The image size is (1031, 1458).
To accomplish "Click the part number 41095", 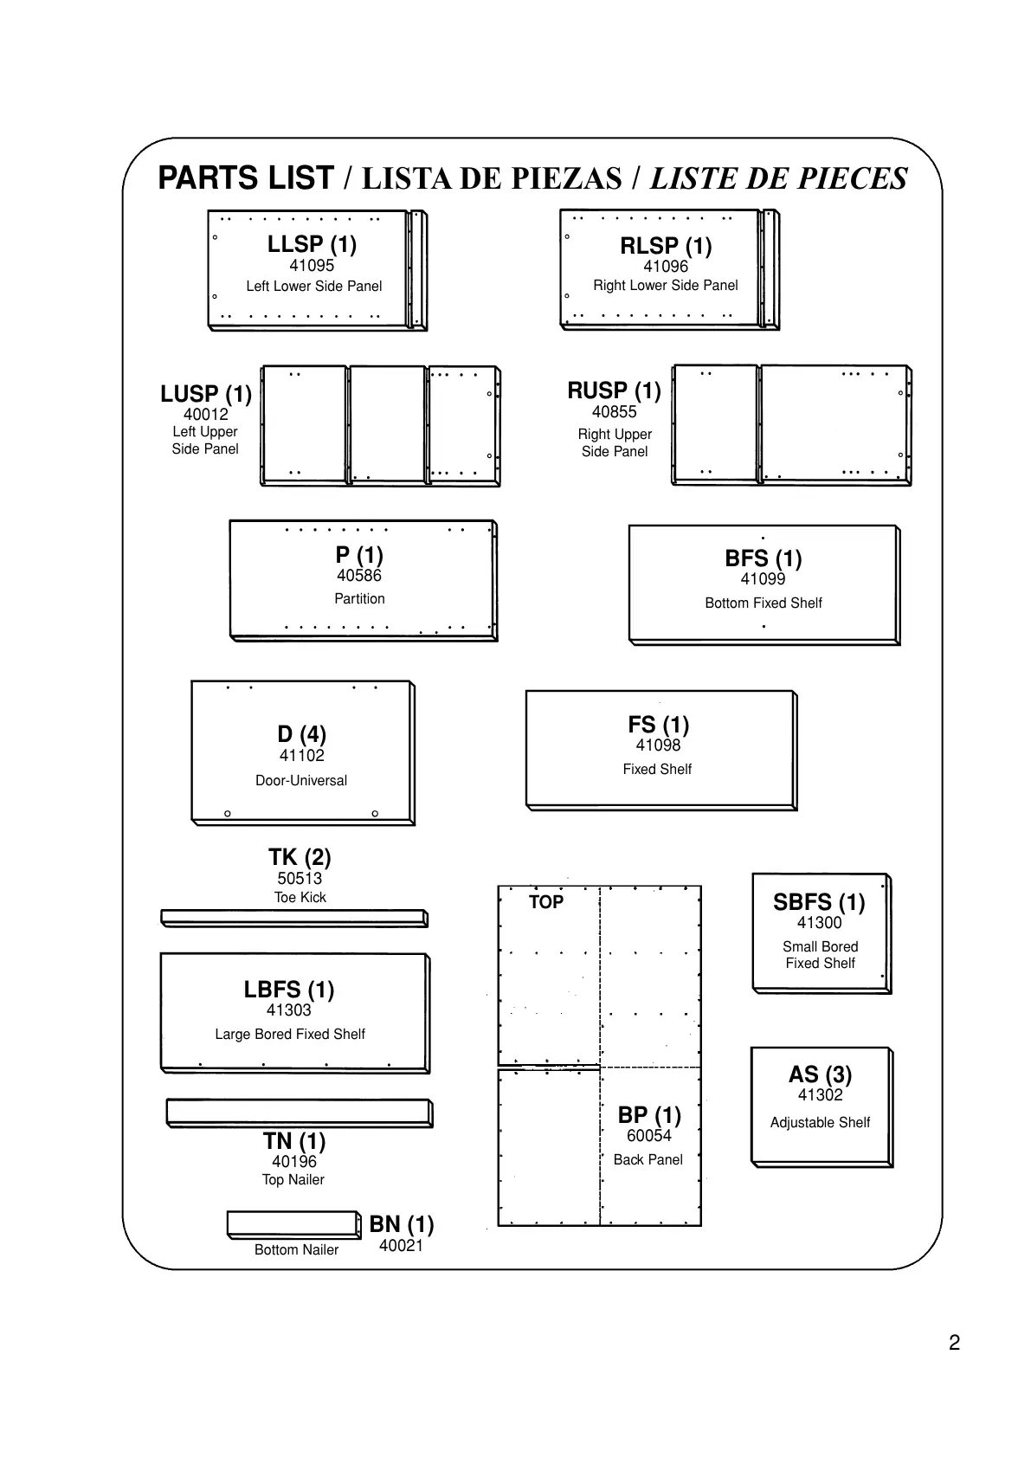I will pyautogui.click(x=312, y=266).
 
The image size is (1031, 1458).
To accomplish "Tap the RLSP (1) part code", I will pyautogui.click(x=666, y=246).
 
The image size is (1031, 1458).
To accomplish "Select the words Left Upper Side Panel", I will pyautogui.click(x=205, y=440).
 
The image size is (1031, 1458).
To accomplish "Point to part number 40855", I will pyautogui.click(x=614, y=412).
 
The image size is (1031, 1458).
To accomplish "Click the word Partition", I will pyautogui.click(x=359, y=598).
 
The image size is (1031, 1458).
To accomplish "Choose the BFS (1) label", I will pyautogui.click(x=763, y=558).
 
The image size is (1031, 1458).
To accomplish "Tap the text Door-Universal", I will pyautogui.click(x=301, y=780).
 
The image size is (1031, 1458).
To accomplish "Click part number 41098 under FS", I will pyautogui.click(x=658, y=745).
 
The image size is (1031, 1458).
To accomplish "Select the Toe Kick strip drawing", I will pyautogui.click(x=293, y=918).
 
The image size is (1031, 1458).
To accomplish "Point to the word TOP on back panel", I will pyautogui.click(x=546, y=902).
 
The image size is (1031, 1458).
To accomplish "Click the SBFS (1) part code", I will pyautogui.click(x=819, y=902).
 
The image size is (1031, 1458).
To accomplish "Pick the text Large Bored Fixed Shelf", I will pyautogui.click(x=290, y=1034).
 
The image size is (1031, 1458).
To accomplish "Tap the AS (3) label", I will pyautogui.click(x=820, y=1074).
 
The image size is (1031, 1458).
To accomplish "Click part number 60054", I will pyautogui.click(x=649, y=1136).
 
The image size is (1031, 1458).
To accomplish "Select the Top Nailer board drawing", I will pyautogui.click(x=299, y=1112).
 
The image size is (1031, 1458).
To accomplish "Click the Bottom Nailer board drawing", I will pyautogui.click(x=293, y=1223).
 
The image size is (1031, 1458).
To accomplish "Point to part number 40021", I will pyautogui.click(x=401, y=1246).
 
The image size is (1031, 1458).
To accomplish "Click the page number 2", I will pyautogui.click(x=954, y=1343).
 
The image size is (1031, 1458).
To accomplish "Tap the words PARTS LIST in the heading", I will pyautogui.click(x=246, y=178).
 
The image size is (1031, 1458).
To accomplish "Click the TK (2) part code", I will pyautogui.click(x=300, y=857).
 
